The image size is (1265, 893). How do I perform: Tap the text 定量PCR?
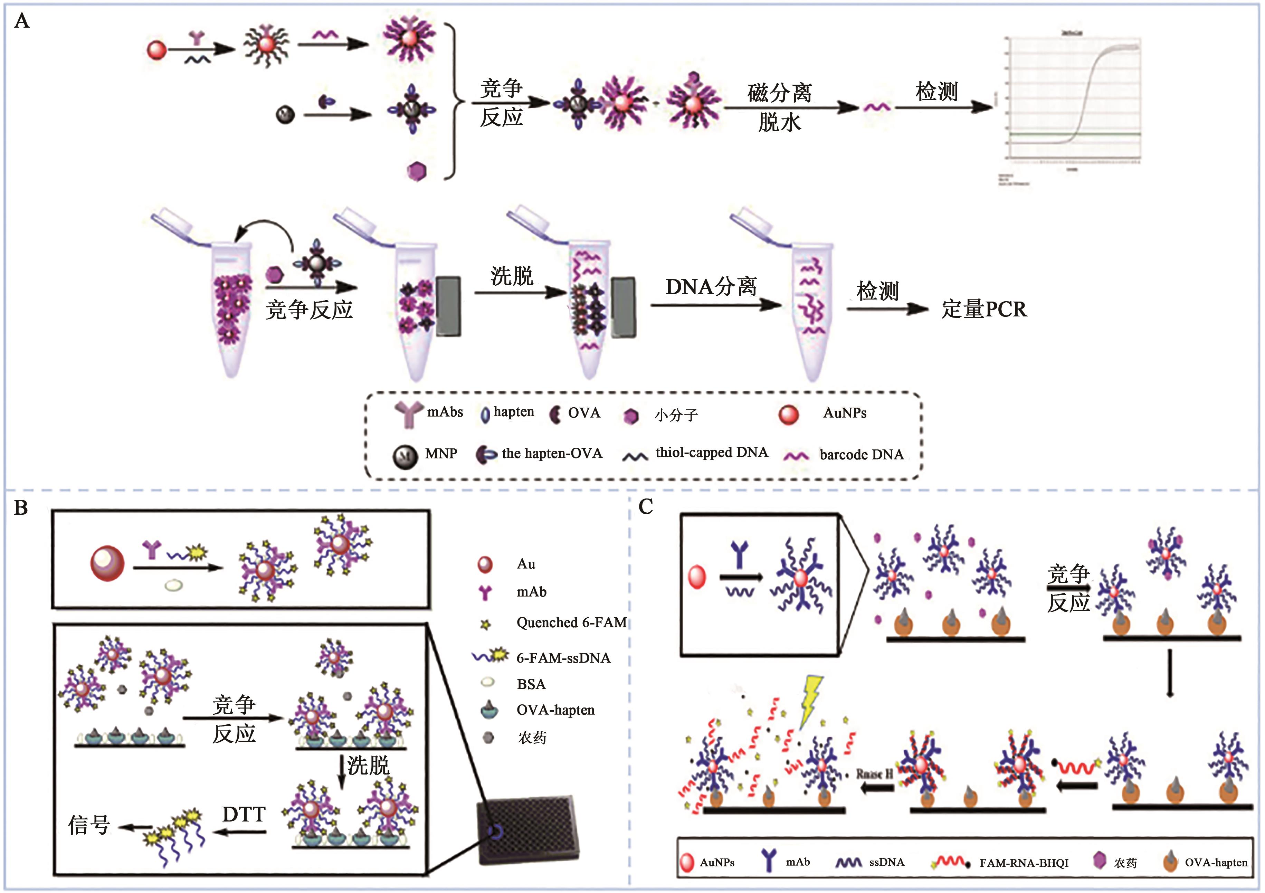click(x=984, y=309)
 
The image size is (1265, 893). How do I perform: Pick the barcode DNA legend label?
click(x=861, y=455)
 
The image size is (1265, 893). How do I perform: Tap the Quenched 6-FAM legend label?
click(x=571, y=623)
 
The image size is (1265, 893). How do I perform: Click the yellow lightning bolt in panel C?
click(x=810, y=700)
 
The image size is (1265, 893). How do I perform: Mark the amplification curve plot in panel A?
click(x=1072, y=102)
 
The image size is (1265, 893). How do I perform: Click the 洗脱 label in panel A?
click(x=512, y=275)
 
